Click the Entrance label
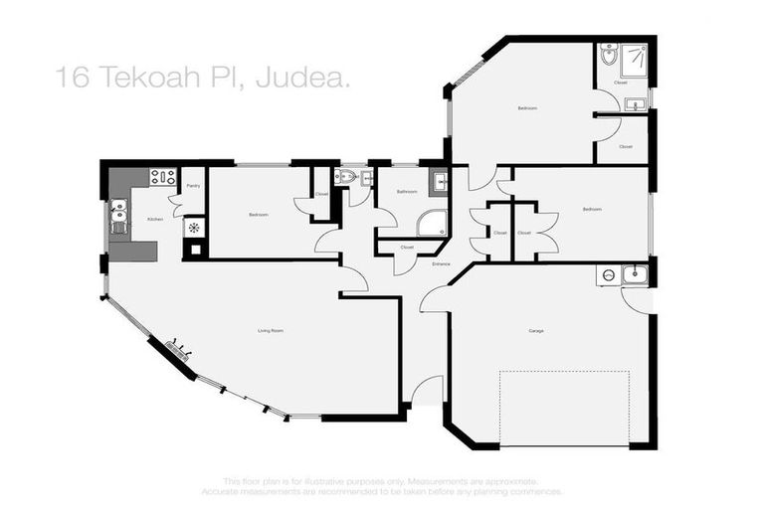(442, 263)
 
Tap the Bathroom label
(406, 191)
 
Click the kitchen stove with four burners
(162, 177)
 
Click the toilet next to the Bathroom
(345, 177)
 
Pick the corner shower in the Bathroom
(432, 223)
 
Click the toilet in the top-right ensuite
(608, 55)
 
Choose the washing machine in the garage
(607, 275)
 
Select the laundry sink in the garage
(634, 273)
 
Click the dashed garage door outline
(564, 408)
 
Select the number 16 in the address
(73, 77)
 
